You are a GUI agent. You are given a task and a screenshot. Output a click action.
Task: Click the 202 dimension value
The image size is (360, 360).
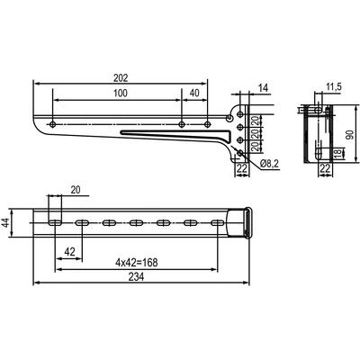(x=121, y=77)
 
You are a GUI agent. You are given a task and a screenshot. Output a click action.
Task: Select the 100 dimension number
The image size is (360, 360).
(x=121, y=94)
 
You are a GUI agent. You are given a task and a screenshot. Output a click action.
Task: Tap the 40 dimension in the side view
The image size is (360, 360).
(x=194, y=94)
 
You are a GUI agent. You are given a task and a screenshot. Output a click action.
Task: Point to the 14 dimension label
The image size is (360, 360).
(x=263, y=88)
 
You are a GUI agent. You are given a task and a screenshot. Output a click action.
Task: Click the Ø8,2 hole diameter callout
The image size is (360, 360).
(x=270, y=164)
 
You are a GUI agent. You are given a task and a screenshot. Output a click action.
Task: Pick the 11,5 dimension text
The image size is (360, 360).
(x=334, y=87)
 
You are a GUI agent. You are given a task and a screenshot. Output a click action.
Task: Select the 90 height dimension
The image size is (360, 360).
(x=350, y=135)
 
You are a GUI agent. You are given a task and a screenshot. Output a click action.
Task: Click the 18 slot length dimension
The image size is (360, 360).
(x=338, y=154)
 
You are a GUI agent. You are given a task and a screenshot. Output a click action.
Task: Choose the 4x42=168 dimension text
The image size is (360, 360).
(x=137, y=263)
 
